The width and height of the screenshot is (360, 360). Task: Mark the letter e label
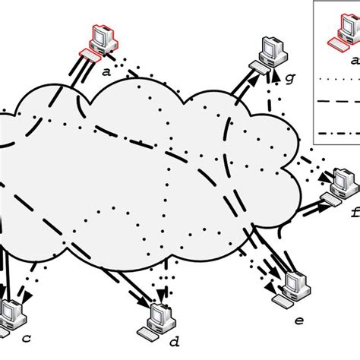[x=298, y=321]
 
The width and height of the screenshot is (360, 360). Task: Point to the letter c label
[x=26, y=336]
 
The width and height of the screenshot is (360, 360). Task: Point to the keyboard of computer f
[x=332, y=199]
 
